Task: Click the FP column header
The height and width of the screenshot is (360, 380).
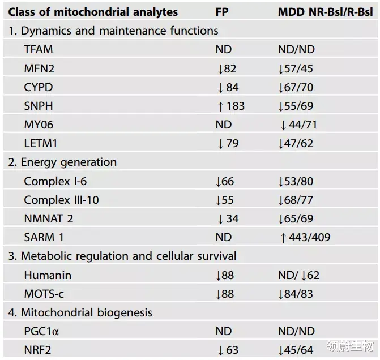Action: [221, 12]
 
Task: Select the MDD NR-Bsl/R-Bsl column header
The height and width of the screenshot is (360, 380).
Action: [325, 12]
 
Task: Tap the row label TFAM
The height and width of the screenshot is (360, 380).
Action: [39, 49]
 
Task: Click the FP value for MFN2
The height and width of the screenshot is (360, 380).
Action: [227, 68]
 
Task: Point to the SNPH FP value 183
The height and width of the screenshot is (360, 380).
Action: [230, 106]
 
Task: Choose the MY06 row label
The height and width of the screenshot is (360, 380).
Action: [39, 125]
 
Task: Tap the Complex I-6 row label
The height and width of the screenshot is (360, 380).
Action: [56, 181]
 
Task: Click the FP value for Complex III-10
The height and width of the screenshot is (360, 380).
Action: [227, 200]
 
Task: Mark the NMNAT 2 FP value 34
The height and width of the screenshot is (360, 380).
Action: [228, 218]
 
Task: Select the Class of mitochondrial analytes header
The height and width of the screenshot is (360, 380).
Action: [93, 12]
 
